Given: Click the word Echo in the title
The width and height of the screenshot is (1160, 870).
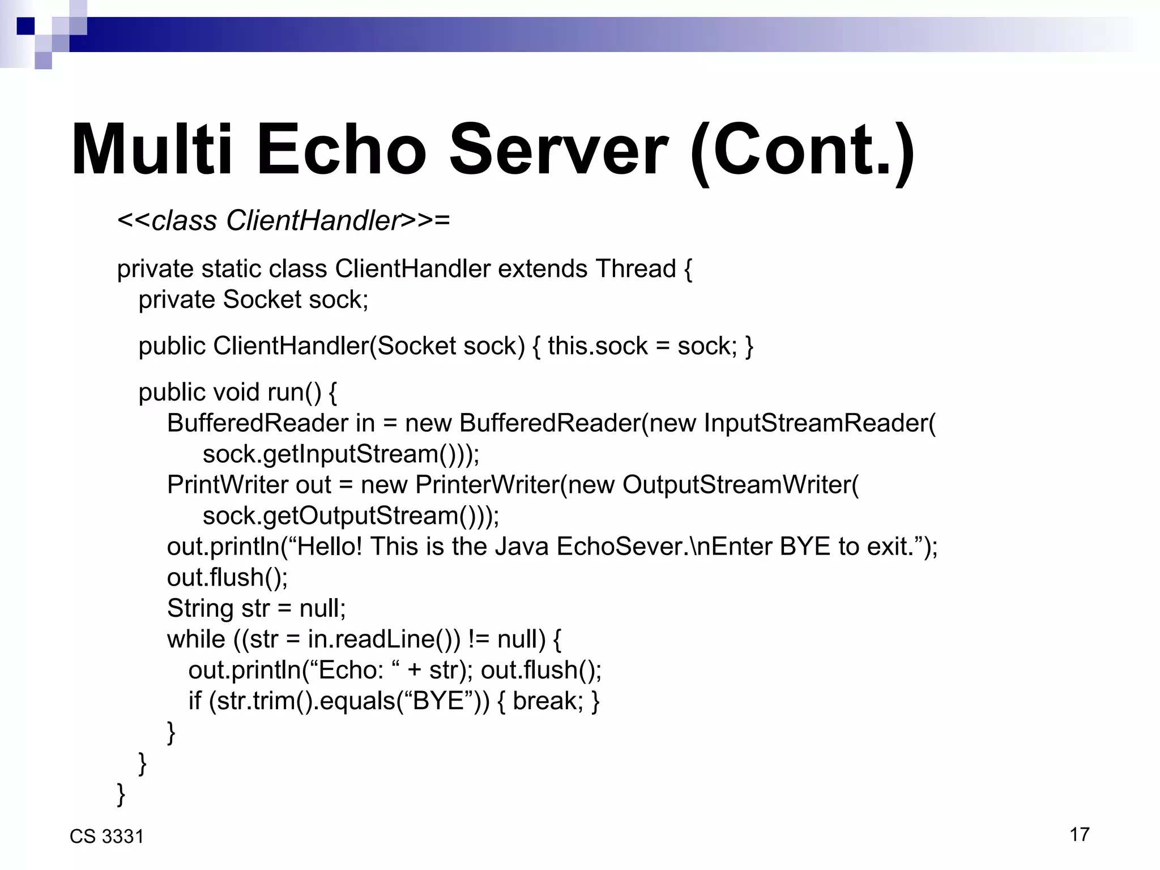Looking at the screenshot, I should tap(341, 150).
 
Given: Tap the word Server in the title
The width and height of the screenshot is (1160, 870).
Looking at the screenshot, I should tap(558, 150).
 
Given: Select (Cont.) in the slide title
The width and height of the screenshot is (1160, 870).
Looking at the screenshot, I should tap(802, 150).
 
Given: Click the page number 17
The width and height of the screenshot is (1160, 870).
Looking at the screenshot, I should tap(1080, 834).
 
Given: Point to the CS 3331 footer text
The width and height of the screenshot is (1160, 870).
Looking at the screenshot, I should tap(106, 837).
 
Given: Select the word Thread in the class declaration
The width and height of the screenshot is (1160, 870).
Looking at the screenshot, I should tap(636, 268).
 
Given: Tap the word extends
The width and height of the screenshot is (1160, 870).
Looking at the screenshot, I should tap(542, 268).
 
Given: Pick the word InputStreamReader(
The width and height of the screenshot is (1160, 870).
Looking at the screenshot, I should tap(820, 423).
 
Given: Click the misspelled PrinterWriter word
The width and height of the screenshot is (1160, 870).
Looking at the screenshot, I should tap(488, 485).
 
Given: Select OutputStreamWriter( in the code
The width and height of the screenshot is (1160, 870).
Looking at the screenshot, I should tap(741, 485).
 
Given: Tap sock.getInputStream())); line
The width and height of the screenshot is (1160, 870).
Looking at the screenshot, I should tap(341, 454).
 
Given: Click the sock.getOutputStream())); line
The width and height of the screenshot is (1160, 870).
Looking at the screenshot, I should tap(351, 516).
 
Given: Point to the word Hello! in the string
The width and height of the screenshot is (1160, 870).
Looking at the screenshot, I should tap(329, 547).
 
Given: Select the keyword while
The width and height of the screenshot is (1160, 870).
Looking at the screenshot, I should tap(196, 639).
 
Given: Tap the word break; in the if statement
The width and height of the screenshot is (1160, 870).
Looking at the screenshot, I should tap(548, 701).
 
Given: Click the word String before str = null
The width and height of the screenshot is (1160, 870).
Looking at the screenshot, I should tap(200, 608).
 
